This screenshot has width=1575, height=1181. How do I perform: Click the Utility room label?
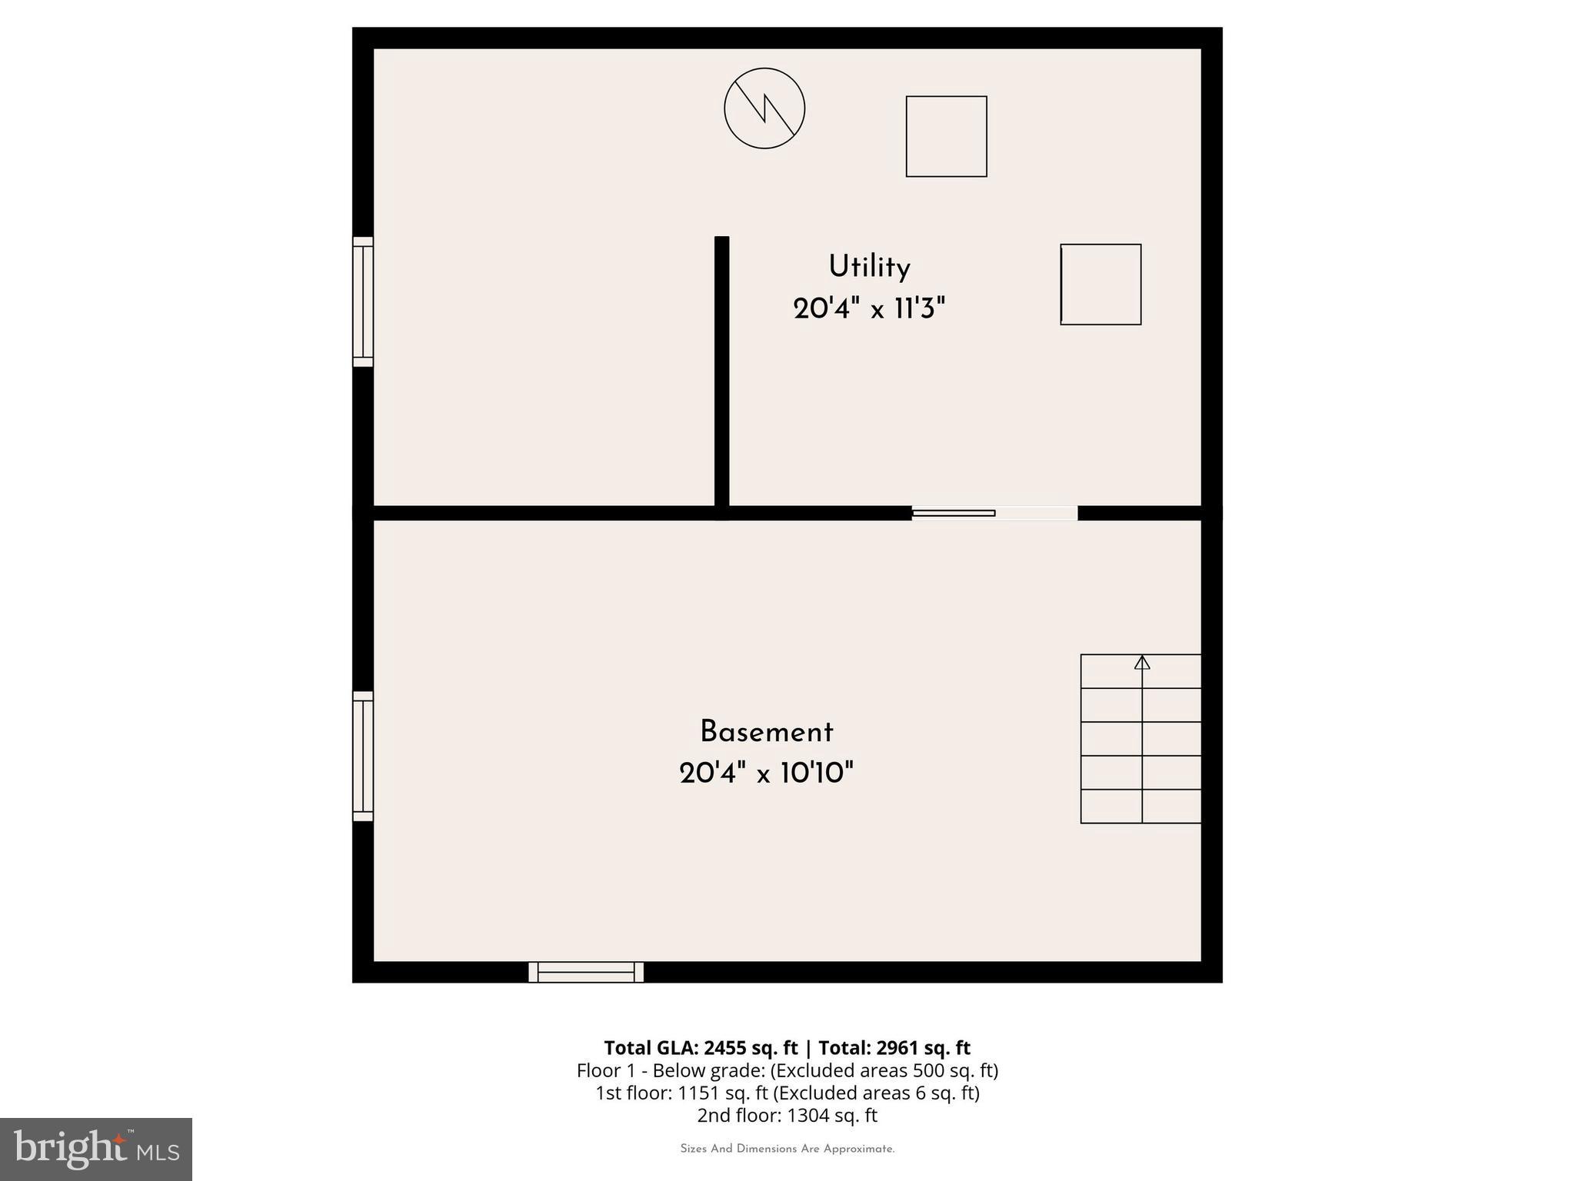tap(869, 267)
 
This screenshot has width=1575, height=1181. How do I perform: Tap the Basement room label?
tap(766, 732)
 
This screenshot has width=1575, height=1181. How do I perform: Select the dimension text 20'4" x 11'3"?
tap(869, 309)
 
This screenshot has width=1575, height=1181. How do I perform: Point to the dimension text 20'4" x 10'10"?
tap(766, 773)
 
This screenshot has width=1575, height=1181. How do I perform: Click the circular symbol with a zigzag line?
tap(764, 108)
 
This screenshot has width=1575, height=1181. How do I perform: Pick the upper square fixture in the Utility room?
tap(946, 136)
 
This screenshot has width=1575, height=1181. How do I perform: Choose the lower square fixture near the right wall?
tap(1101, 284)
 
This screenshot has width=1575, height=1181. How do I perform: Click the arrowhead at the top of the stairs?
tap(1142, 662)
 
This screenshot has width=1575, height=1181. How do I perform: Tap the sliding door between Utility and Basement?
tap(994, 513)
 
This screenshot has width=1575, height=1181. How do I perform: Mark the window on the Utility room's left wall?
tap(363, 301)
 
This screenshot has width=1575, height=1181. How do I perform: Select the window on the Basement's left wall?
tap(363, 756)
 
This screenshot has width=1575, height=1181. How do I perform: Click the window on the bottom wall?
tap(586, 972)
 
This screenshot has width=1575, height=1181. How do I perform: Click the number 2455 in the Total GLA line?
tap(724, 1048)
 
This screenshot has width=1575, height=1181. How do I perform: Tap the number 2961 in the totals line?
tap(897, 1048)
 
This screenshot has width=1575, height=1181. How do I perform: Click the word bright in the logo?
tap(71, 1149)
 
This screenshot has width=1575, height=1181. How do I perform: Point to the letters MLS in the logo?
tap(158, 1153)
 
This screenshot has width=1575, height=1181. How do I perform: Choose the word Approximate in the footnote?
tap(858, 1149)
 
